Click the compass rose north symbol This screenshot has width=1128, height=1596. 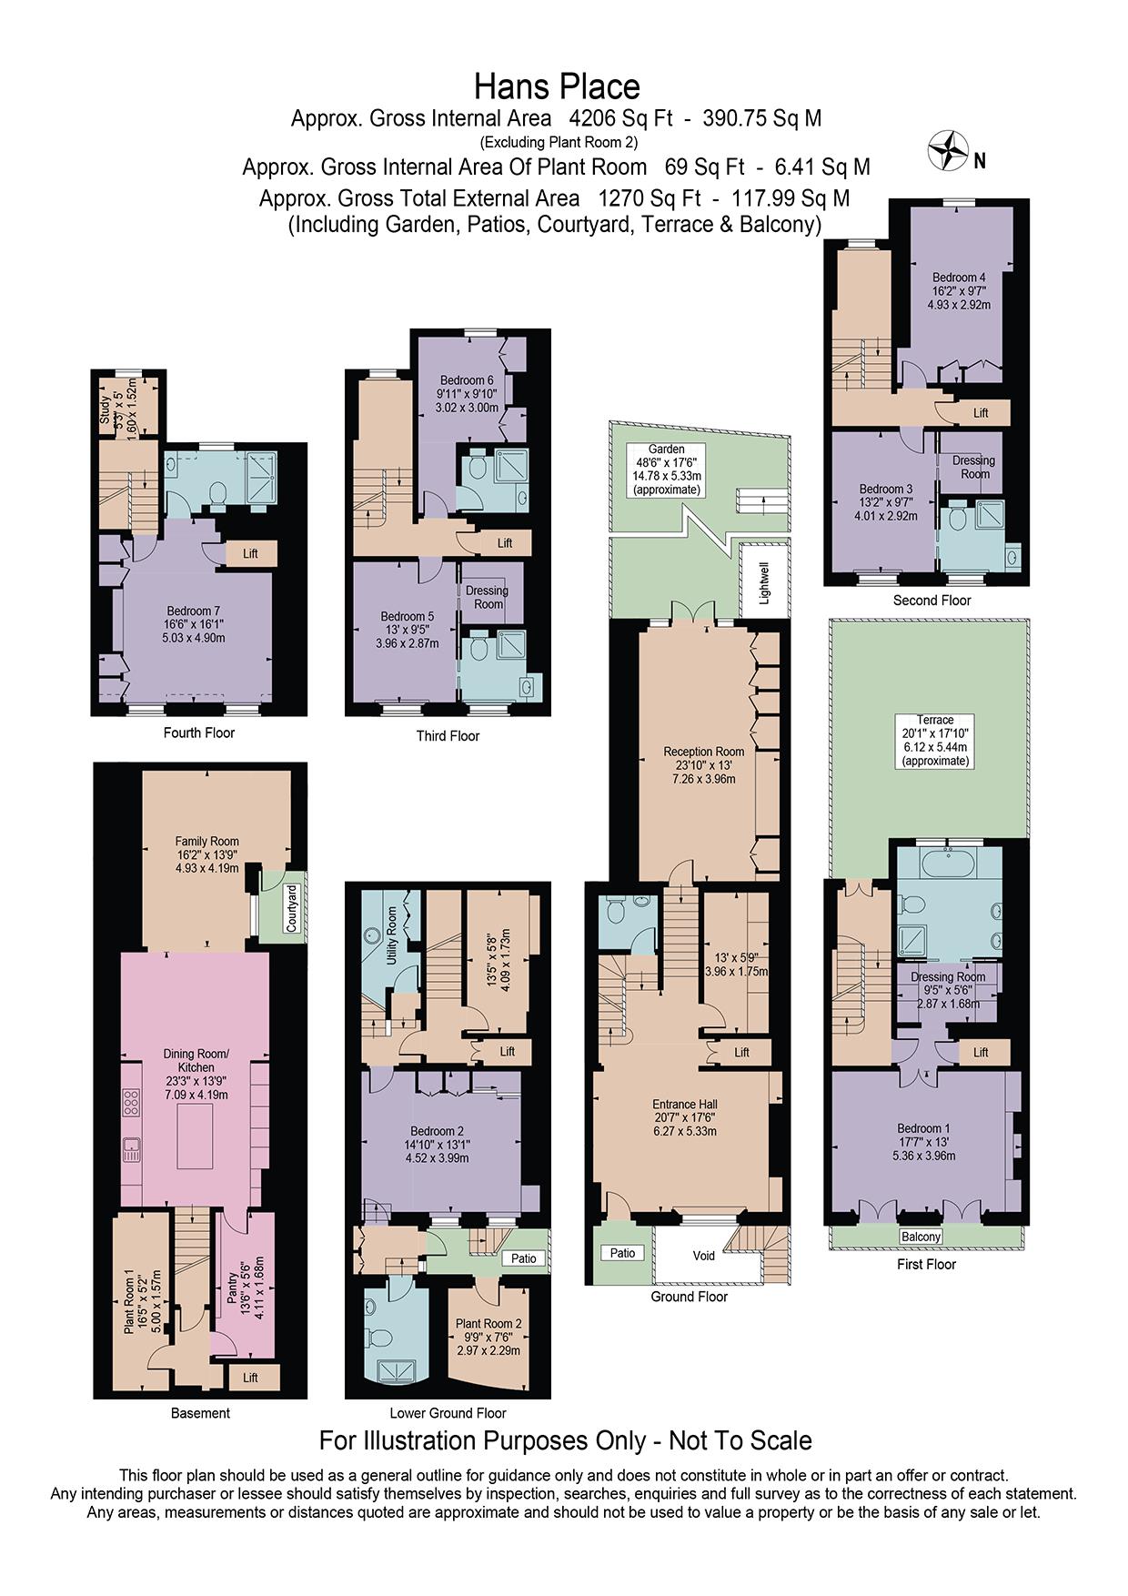pos(947,150)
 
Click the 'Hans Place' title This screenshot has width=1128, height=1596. pos(557,87)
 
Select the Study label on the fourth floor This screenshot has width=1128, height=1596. pos(105,409)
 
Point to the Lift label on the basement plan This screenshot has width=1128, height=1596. pos(250,1378)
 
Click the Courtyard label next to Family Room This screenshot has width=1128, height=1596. pos(292,907)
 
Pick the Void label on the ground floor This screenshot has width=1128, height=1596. pos(703,1256)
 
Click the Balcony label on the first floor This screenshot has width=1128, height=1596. pos(921,1237)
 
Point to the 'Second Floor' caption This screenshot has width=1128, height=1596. pos(932,601)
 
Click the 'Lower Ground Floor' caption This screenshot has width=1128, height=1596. pos(448,1413)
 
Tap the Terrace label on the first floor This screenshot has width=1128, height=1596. pos(935,720)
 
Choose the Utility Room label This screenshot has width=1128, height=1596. pos(392,935)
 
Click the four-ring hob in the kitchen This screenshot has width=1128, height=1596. pos(130,1104)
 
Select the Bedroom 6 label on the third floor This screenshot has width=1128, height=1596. pos(467,380)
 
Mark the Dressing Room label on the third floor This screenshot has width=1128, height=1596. pos(487,597)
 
